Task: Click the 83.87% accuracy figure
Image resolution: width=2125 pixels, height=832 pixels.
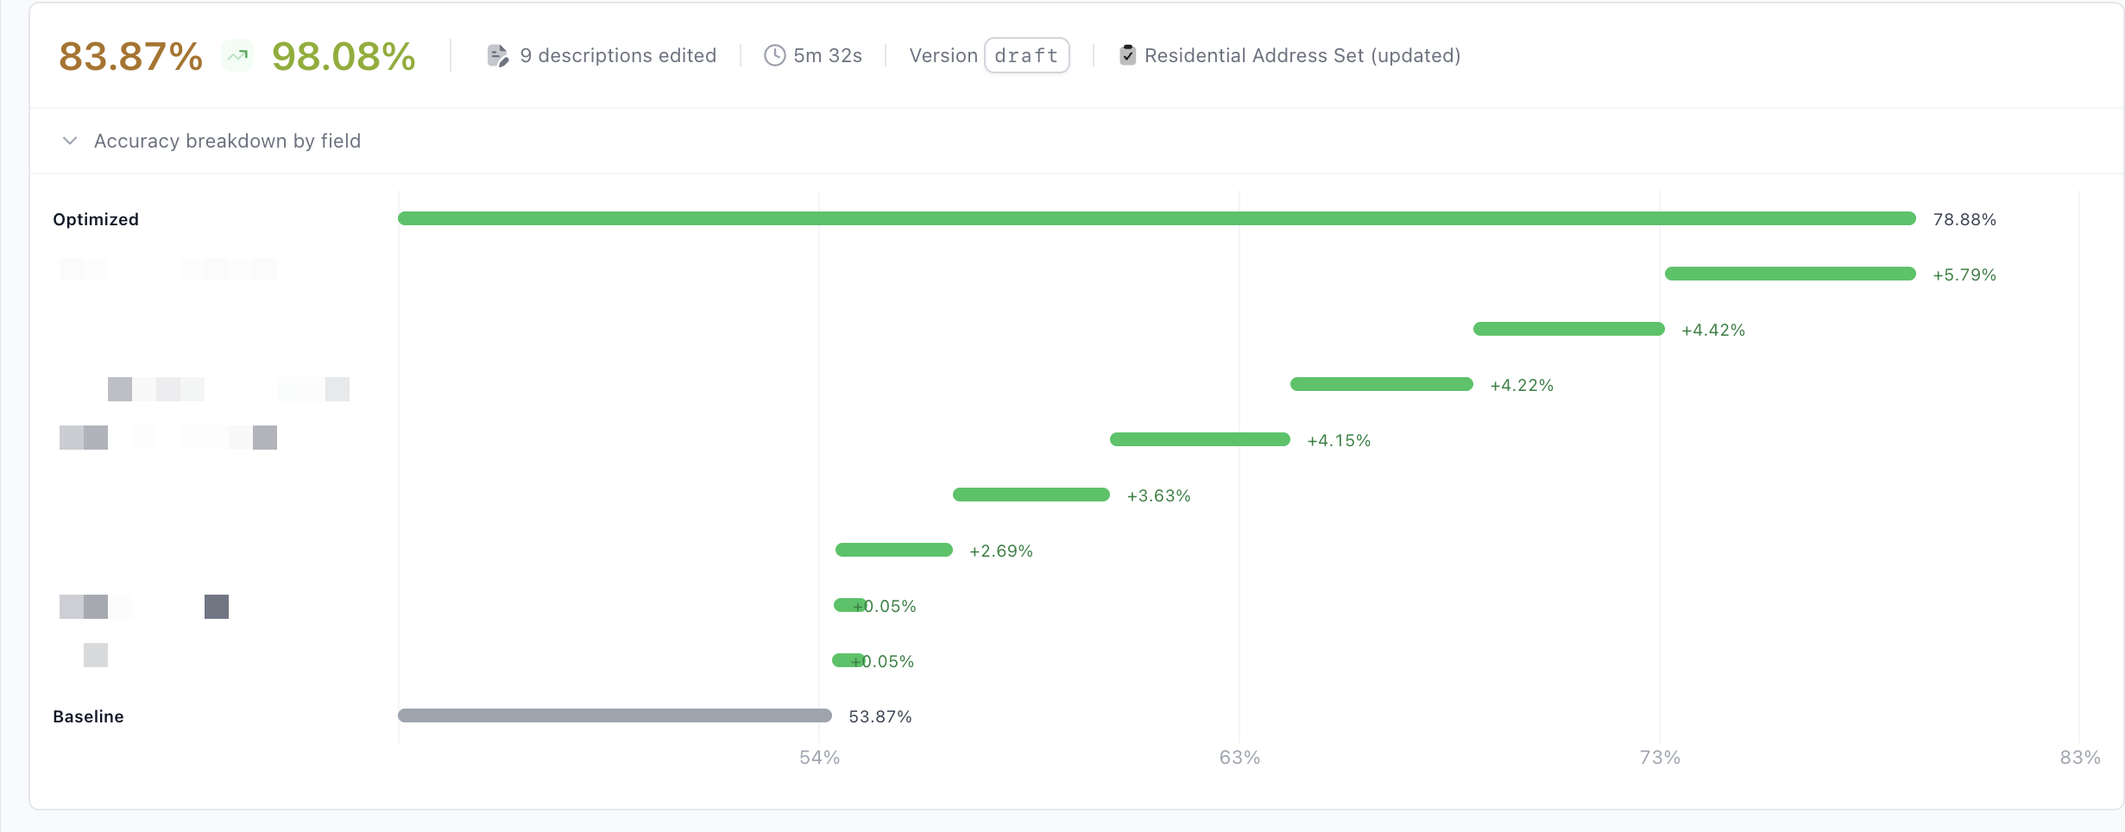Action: pyautogui.click(x=130, y=57)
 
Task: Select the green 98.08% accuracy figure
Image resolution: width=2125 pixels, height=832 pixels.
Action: pyautogui.click(x=344, y=57)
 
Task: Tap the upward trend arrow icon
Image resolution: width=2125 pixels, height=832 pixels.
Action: pyautogui.click(x=237, y=56)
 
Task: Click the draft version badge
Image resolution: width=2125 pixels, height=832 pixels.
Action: pyautogui.click(x=1026, y=56)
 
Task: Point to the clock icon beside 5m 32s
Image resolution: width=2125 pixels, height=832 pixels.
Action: pyautogui.click(x=774, y=56)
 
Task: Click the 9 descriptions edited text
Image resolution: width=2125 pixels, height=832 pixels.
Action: pyautogui.click(x=618, y=56)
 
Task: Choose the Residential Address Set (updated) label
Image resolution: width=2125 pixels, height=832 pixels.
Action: pyautogui.click(x=1302, y=56)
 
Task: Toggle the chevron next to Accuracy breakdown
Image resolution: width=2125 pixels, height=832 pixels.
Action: pyautogui.click(x=70, y=141)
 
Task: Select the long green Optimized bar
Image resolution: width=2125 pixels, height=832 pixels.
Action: pyautogui.click(x=1157, y=219)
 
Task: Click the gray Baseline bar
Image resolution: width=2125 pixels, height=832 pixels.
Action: pyautogui.click(x=615, y=715)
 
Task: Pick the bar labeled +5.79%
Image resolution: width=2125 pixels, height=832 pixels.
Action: pyautogui.click(x=1790, y=274)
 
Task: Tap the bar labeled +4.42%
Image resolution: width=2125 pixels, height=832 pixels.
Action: pyautogui.click(x=1568, y=330)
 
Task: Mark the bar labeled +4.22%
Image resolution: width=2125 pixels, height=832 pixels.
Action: pyautogui.click(x=1381, y=385)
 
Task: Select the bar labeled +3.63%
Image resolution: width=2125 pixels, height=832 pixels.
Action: pyautogui.click(x=1031, y=495)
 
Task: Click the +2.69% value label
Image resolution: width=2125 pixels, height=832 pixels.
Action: pyautogui.click(x=1000, y=552)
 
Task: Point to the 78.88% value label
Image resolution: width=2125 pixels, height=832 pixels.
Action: pyautogui.click(x=1964, y=220)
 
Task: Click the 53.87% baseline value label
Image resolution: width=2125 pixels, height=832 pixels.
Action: pyautogui.click(x=880, y=717)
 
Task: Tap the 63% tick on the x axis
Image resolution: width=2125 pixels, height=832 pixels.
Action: pyautogui.click(x=1239, y=758)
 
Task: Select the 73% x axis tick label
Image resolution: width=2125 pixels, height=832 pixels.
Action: pyautogui.click(x=1660, y=758)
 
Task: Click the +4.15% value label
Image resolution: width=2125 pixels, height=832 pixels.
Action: pyautogui.click(x=1339, y=441)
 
